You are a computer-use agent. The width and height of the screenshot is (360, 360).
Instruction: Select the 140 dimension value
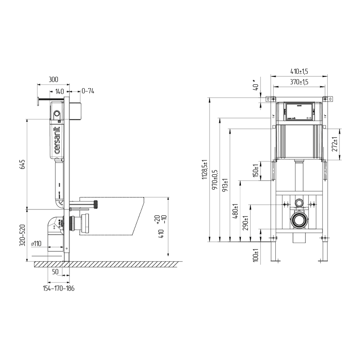click(59, 91)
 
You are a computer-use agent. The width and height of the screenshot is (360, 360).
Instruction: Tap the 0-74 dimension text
click(88, 91)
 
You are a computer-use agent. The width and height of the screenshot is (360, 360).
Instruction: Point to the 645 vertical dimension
click(22, 164)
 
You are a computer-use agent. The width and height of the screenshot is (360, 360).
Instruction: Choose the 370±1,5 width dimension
click(299, 82)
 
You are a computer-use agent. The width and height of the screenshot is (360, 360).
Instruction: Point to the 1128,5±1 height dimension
click(204, 170)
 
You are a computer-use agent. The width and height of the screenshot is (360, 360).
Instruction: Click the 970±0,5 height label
click(215, 180)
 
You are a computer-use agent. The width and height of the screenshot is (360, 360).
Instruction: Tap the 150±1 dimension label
click(256, 171)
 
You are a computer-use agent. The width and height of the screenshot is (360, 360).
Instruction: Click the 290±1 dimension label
click(246, 223)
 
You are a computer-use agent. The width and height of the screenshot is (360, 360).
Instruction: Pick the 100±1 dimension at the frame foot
click(256, 255)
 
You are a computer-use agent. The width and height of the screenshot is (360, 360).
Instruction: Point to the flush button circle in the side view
click(56, 114)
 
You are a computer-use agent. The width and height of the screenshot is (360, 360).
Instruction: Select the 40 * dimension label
click(256, 86)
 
